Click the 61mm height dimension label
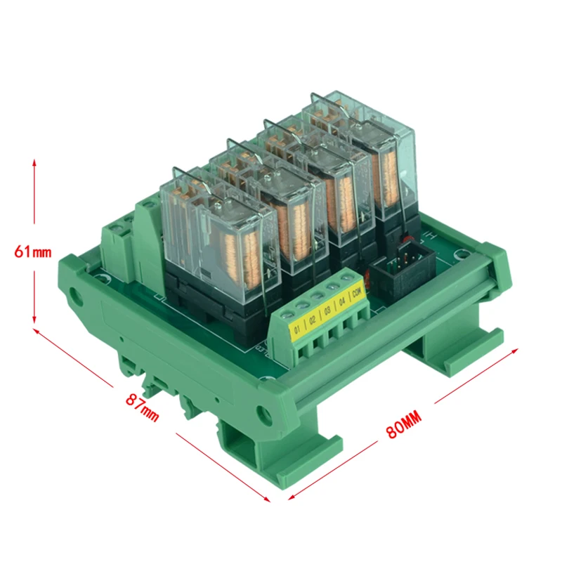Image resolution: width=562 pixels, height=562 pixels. tap(33, 251)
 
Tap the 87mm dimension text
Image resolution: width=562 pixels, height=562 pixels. tap(143, 407)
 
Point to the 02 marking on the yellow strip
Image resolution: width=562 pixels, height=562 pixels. tap(312, 320)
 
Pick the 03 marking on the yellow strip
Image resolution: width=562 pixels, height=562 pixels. tap(327, 311)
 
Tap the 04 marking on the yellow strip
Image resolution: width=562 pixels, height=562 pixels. tap(341, 303)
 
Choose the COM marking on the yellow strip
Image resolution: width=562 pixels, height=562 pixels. tap(356, 294)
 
